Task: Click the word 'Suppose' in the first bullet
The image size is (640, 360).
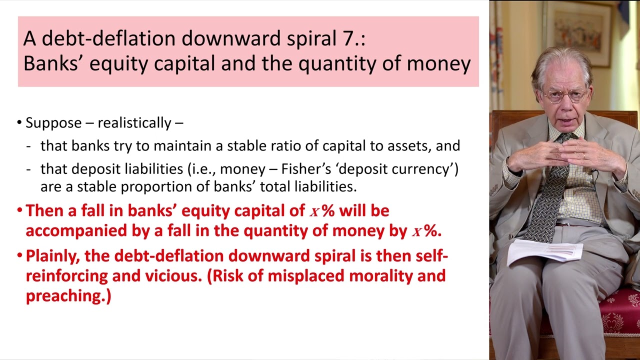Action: coord(53,123)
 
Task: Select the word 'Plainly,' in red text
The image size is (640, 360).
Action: coord(53,255)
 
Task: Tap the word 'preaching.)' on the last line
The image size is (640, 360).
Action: coord(68,295)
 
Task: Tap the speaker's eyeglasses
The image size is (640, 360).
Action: coord(565,95)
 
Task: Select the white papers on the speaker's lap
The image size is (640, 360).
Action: coord(544,250)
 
